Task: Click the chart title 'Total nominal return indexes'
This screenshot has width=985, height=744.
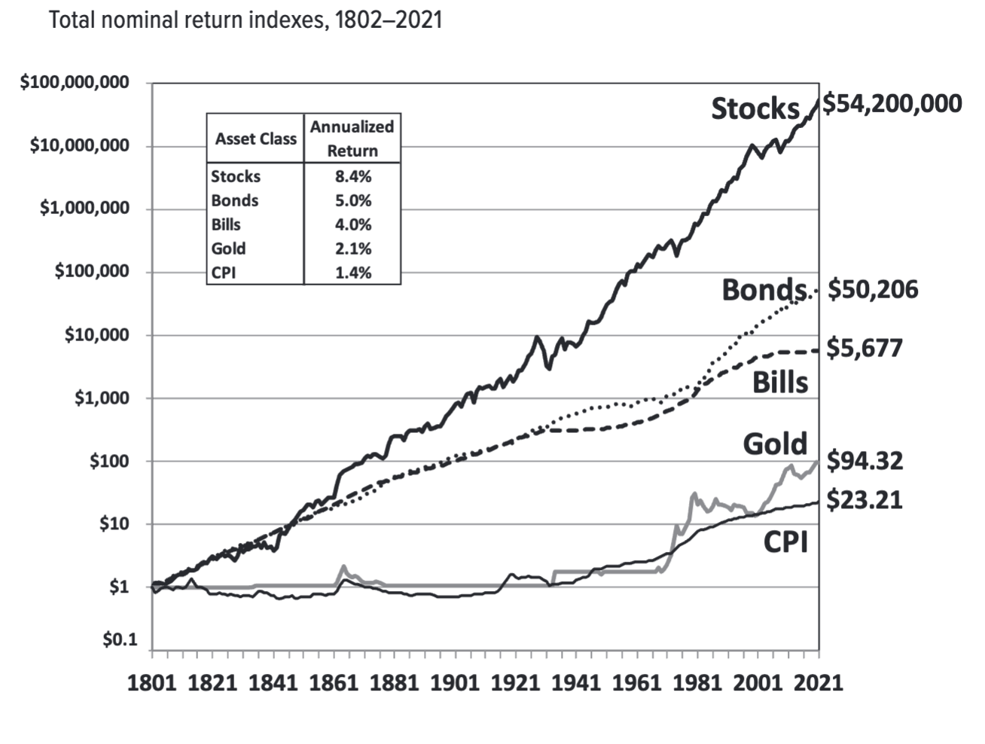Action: (x=245, y=20)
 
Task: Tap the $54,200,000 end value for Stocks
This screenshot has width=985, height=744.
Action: (x=892, y=103)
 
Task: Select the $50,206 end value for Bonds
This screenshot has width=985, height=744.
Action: (x=873, y=289)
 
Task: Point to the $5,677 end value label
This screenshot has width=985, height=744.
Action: (x=864, y=348)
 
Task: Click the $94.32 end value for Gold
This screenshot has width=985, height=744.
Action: (x=865, y=460)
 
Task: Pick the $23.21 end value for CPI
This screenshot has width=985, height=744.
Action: (x=865, y=500)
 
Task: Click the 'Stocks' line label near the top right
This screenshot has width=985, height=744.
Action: (x=755, y=108)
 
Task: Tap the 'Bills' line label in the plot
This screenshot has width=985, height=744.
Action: (x=780, y=383)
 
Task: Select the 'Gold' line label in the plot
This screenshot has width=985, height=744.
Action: (x=775, y=444)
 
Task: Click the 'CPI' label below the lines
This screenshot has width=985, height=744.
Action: (x=785, y=541)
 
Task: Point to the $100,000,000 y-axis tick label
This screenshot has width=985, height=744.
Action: (x=74, y=82)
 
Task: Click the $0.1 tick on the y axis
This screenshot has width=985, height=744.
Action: (x=120, y=640)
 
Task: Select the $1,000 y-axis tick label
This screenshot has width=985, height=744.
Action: (x=101, y=398)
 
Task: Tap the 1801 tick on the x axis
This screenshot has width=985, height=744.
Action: (x=152, y=682)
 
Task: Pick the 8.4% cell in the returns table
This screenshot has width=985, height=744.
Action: (x=352, y=176)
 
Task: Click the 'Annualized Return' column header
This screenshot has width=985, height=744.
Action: (x=352, y=139)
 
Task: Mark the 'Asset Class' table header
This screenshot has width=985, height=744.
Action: (x=255, y=139)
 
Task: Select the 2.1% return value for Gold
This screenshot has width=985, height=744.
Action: (x=352, y=249)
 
